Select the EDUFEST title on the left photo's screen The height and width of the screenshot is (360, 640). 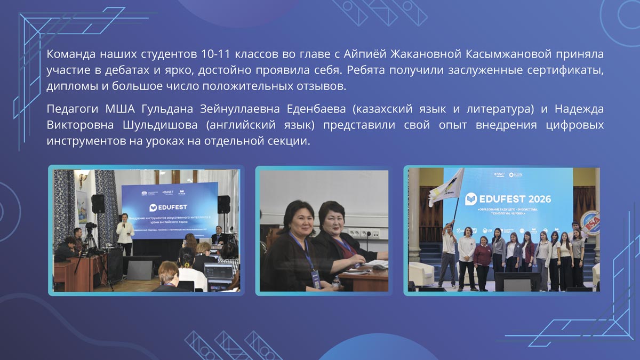[x=170, y=206]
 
